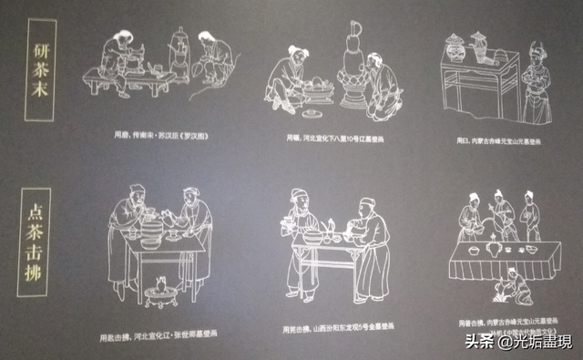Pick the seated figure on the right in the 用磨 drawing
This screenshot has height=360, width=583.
pos(211,59)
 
